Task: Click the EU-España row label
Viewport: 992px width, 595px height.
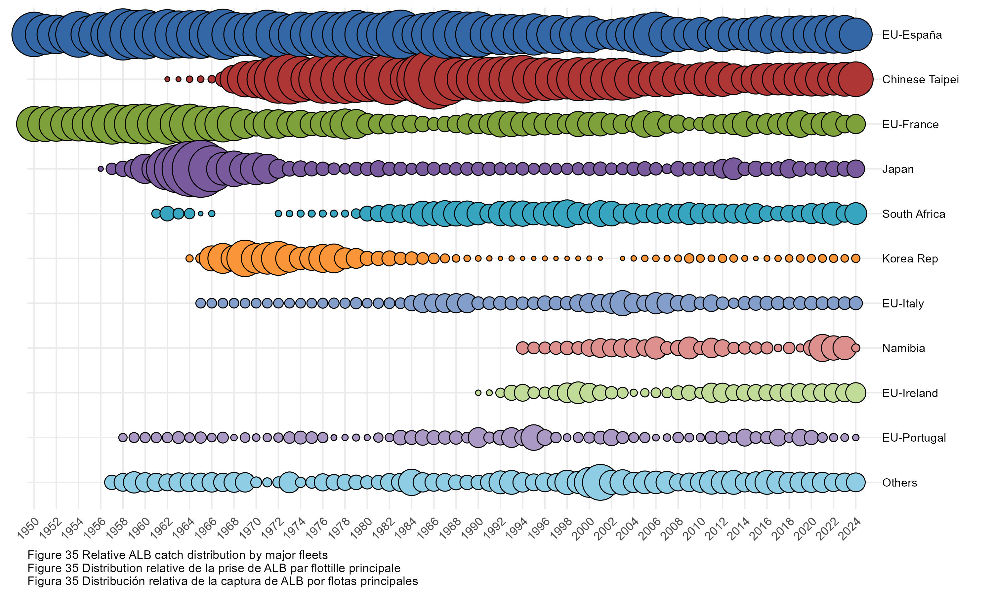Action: click(911, 35)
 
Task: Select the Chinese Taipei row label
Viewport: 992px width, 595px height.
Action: click(920, 79)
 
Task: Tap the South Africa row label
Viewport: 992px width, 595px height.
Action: click(913, 214)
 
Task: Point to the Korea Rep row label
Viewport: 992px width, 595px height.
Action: click(909, 258)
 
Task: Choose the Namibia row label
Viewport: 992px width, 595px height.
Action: click(903, 348)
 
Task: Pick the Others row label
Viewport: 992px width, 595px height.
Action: click(899, 482)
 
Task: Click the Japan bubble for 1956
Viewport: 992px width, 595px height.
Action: click(101, 169)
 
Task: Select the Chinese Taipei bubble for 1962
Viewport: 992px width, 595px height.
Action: click(167, 79)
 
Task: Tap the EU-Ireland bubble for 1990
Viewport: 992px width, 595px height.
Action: click(478, 393)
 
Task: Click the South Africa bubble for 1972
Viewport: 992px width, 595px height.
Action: click(278, 214)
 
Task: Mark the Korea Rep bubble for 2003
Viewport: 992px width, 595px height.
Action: click(622, 258)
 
